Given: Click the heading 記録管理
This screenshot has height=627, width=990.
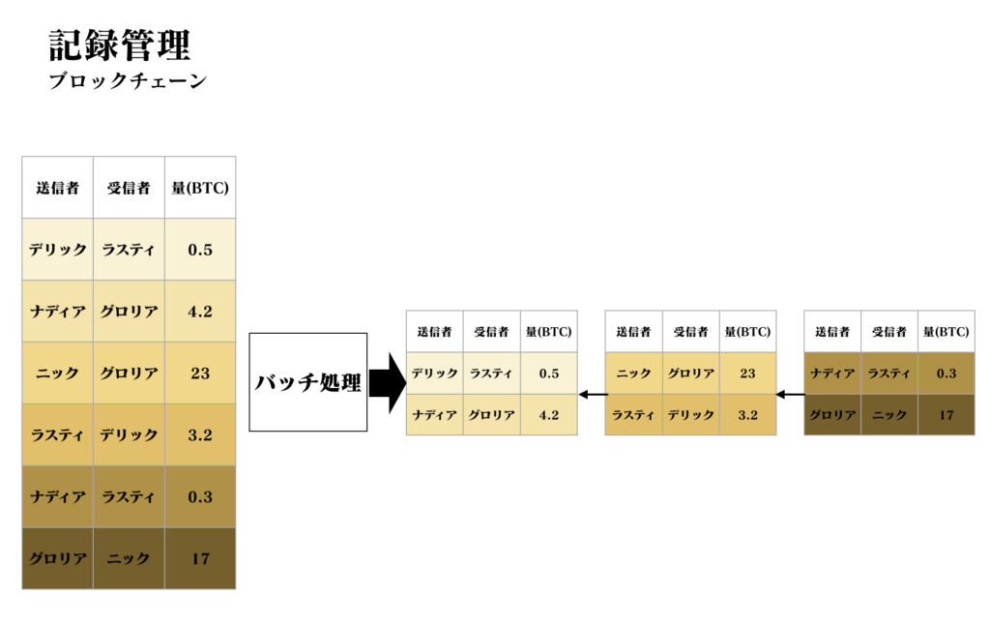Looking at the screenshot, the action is point(119,45).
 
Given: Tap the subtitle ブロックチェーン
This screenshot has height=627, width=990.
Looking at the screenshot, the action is point(128,81).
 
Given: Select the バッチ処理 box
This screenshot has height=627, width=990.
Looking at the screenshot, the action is point(308,382).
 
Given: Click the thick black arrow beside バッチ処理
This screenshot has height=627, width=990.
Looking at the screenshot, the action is point(387,383).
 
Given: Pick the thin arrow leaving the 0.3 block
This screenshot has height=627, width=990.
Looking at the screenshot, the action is point(790,395).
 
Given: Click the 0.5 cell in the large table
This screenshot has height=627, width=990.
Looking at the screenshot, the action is point(200,250).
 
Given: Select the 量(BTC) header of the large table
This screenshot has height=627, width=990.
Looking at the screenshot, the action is point(200,188).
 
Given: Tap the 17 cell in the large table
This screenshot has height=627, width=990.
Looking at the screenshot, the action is point(200,558).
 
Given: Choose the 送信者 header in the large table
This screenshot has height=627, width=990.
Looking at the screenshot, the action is point(57,188).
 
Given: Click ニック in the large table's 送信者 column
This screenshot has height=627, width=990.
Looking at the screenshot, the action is point(57,373).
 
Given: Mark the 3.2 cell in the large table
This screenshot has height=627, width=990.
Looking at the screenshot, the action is point(200,434).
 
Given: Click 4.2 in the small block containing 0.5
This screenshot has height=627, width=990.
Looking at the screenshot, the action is point(549,415).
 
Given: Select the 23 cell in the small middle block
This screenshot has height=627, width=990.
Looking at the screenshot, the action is point(747,373).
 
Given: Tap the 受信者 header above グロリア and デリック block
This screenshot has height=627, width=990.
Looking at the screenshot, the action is point(690,332).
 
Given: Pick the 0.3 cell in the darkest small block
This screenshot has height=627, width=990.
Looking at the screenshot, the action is point(946,373).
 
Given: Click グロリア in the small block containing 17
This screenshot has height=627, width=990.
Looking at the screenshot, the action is point(832,415).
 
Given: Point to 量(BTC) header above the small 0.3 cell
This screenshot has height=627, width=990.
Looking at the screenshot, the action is point(946,332).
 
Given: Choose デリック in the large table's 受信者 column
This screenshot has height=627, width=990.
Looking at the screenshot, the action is point(129,434).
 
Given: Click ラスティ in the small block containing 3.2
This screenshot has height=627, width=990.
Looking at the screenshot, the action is point(633,415).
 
